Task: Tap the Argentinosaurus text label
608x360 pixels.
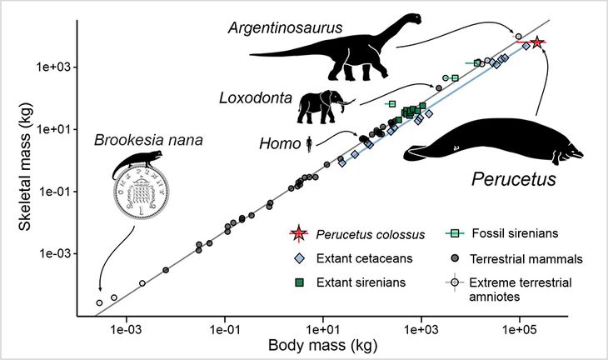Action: [279, 28]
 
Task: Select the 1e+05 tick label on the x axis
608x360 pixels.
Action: [520, 328]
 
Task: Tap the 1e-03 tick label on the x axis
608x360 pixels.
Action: [127, 328]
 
